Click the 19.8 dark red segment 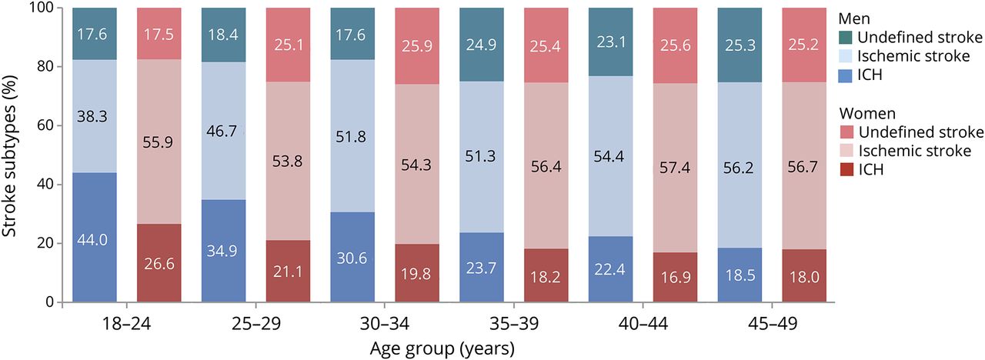417,273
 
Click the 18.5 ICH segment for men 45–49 740,275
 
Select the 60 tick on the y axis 49,125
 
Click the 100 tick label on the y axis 45,8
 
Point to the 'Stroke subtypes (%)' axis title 12,154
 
